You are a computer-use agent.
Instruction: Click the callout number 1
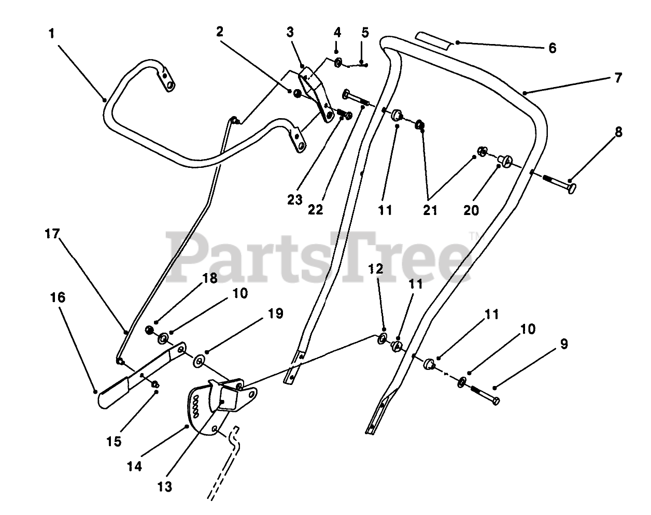click(x=51, y=34)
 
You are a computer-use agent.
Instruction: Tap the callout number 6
click(x=552, y=48)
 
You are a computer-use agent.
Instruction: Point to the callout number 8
click(x=618, y=132)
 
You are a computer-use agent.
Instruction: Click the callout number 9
click(x=564, y=344)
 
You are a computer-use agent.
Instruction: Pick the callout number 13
click(x=166, y=487)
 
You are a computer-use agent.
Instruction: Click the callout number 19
click(x=276, y=313)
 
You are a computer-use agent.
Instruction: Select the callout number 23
click(x=295, y=199)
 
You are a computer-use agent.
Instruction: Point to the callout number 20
click(x=471, y=210)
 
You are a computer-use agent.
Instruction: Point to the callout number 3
click(x=290, y=32)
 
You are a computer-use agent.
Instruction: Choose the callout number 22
click(x=315, y=210)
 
